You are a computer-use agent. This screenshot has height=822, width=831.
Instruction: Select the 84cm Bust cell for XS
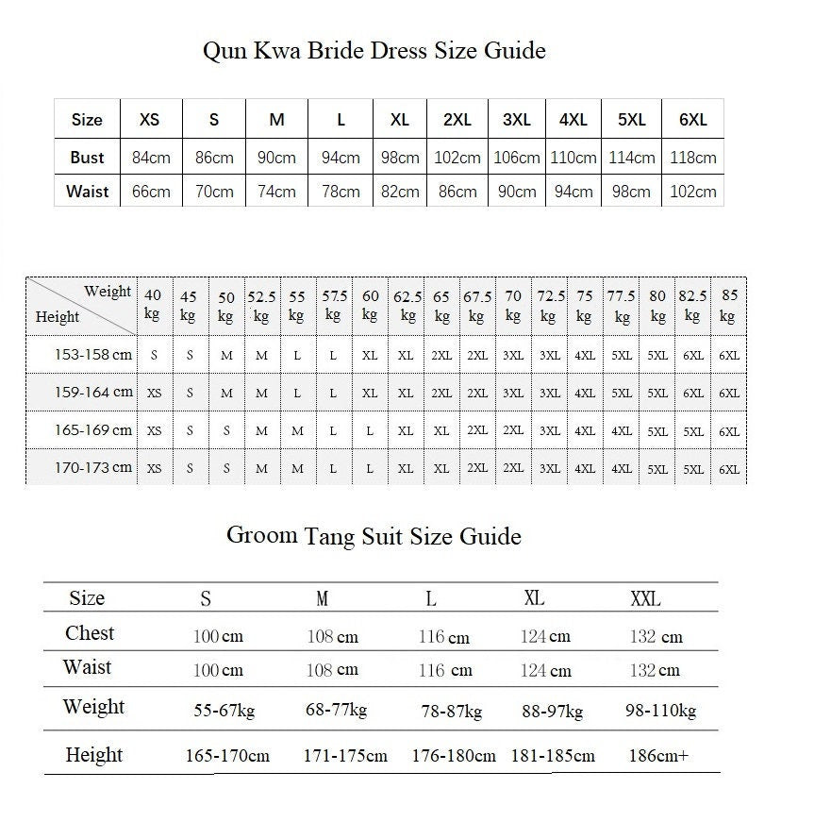click(x=151, y=158)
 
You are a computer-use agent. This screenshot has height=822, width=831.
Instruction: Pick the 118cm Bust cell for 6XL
click(x=692, y=158)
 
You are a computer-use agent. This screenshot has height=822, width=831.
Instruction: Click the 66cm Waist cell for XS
click(x=151, y=192)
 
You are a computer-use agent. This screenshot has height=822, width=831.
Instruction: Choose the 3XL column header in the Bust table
click(x=516, y=120)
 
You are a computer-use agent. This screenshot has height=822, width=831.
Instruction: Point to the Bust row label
click(x=87, y=158)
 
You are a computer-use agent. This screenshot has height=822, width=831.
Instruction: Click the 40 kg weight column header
click(x=153, y=305)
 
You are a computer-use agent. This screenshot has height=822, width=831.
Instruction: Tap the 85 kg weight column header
click(x=729, y=305)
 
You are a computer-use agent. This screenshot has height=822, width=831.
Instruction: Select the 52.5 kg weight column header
click(x=261, y=306)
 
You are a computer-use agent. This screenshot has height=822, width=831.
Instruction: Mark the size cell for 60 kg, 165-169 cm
click(x=370, y=431)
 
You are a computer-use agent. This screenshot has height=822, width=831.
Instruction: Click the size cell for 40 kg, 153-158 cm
click(x=154, y=356)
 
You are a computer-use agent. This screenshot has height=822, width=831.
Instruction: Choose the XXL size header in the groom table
click(x=645, y=598)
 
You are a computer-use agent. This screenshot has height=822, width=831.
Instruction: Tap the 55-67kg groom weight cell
click(x=224, y=711)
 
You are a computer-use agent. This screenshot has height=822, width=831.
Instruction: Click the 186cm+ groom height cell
click(x=658, y=756)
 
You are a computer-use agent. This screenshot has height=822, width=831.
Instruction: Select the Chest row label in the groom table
click(x=90, y=633)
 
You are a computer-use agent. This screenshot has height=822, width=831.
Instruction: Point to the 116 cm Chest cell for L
click(x=443, y=637)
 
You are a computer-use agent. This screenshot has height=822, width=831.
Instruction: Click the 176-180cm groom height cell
click(x=454, y=756)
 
